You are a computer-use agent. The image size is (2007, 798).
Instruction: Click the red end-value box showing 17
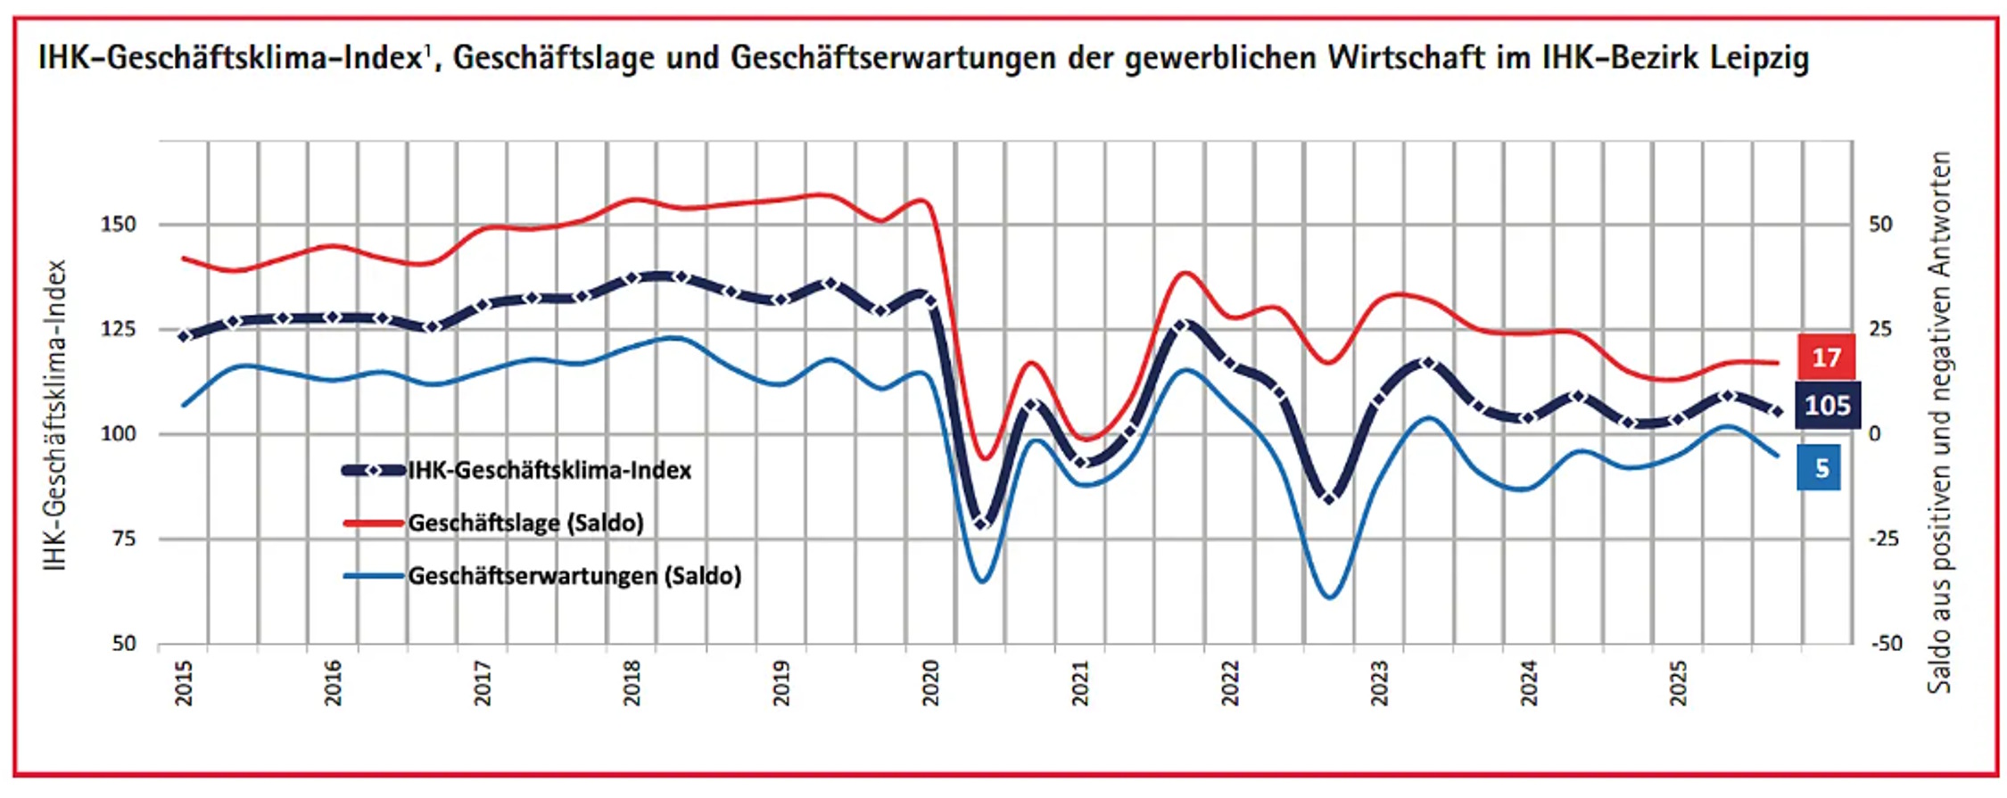pos(1826,358)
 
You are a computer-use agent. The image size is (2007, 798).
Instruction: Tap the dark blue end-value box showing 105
pos(1827,406)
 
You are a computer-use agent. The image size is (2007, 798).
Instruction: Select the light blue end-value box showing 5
pos(1818,468)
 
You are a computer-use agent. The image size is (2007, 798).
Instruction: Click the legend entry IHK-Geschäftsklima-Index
pos(549,471)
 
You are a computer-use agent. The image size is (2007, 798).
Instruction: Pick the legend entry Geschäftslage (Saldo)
pos(524,522)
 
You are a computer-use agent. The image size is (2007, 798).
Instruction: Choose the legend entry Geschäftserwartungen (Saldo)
pos(574,576)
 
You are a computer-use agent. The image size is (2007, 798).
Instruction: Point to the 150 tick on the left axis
pos(119,225)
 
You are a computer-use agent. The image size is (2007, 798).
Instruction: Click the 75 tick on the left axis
pos(124,539)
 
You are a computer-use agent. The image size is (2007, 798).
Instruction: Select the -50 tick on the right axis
pos(1884,643)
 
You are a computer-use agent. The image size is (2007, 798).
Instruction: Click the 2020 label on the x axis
pos(931,683)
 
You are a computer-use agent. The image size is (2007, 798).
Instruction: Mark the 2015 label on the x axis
pos(184,683)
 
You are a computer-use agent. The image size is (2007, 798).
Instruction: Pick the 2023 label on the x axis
pos(1380,683)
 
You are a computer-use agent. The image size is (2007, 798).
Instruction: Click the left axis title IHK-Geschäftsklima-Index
pos(55,415)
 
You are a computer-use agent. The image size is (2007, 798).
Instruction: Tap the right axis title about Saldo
pos(1939,422)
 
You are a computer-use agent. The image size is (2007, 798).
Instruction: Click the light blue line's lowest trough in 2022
pos(1329,596)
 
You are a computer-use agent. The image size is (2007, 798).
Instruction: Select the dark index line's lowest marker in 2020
pos(982,522)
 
